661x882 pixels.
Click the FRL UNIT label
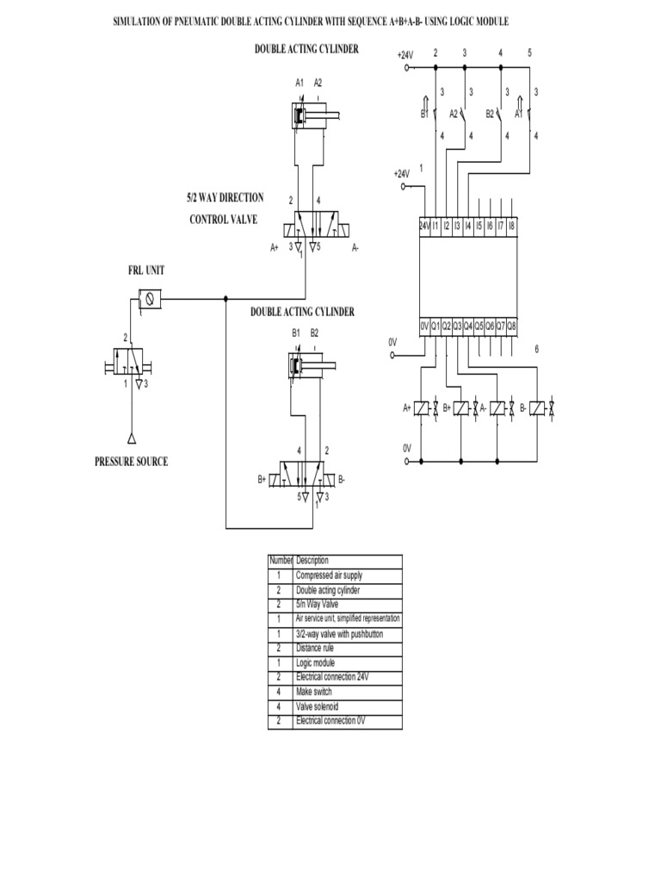(x=146, y=270)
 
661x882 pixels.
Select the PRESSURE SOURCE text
(x=131, y=462)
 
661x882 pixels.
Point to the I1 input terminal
(x=436, y=227)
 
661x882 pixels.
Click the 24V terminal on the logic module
(x=423, y=227)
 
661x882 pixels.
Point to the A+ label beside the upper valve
(x=275, y=247)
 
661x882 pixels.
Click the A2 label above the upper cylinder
(x=318, y=84)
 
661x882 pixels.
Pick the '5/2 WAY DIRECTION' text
(x=225, y=198)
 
